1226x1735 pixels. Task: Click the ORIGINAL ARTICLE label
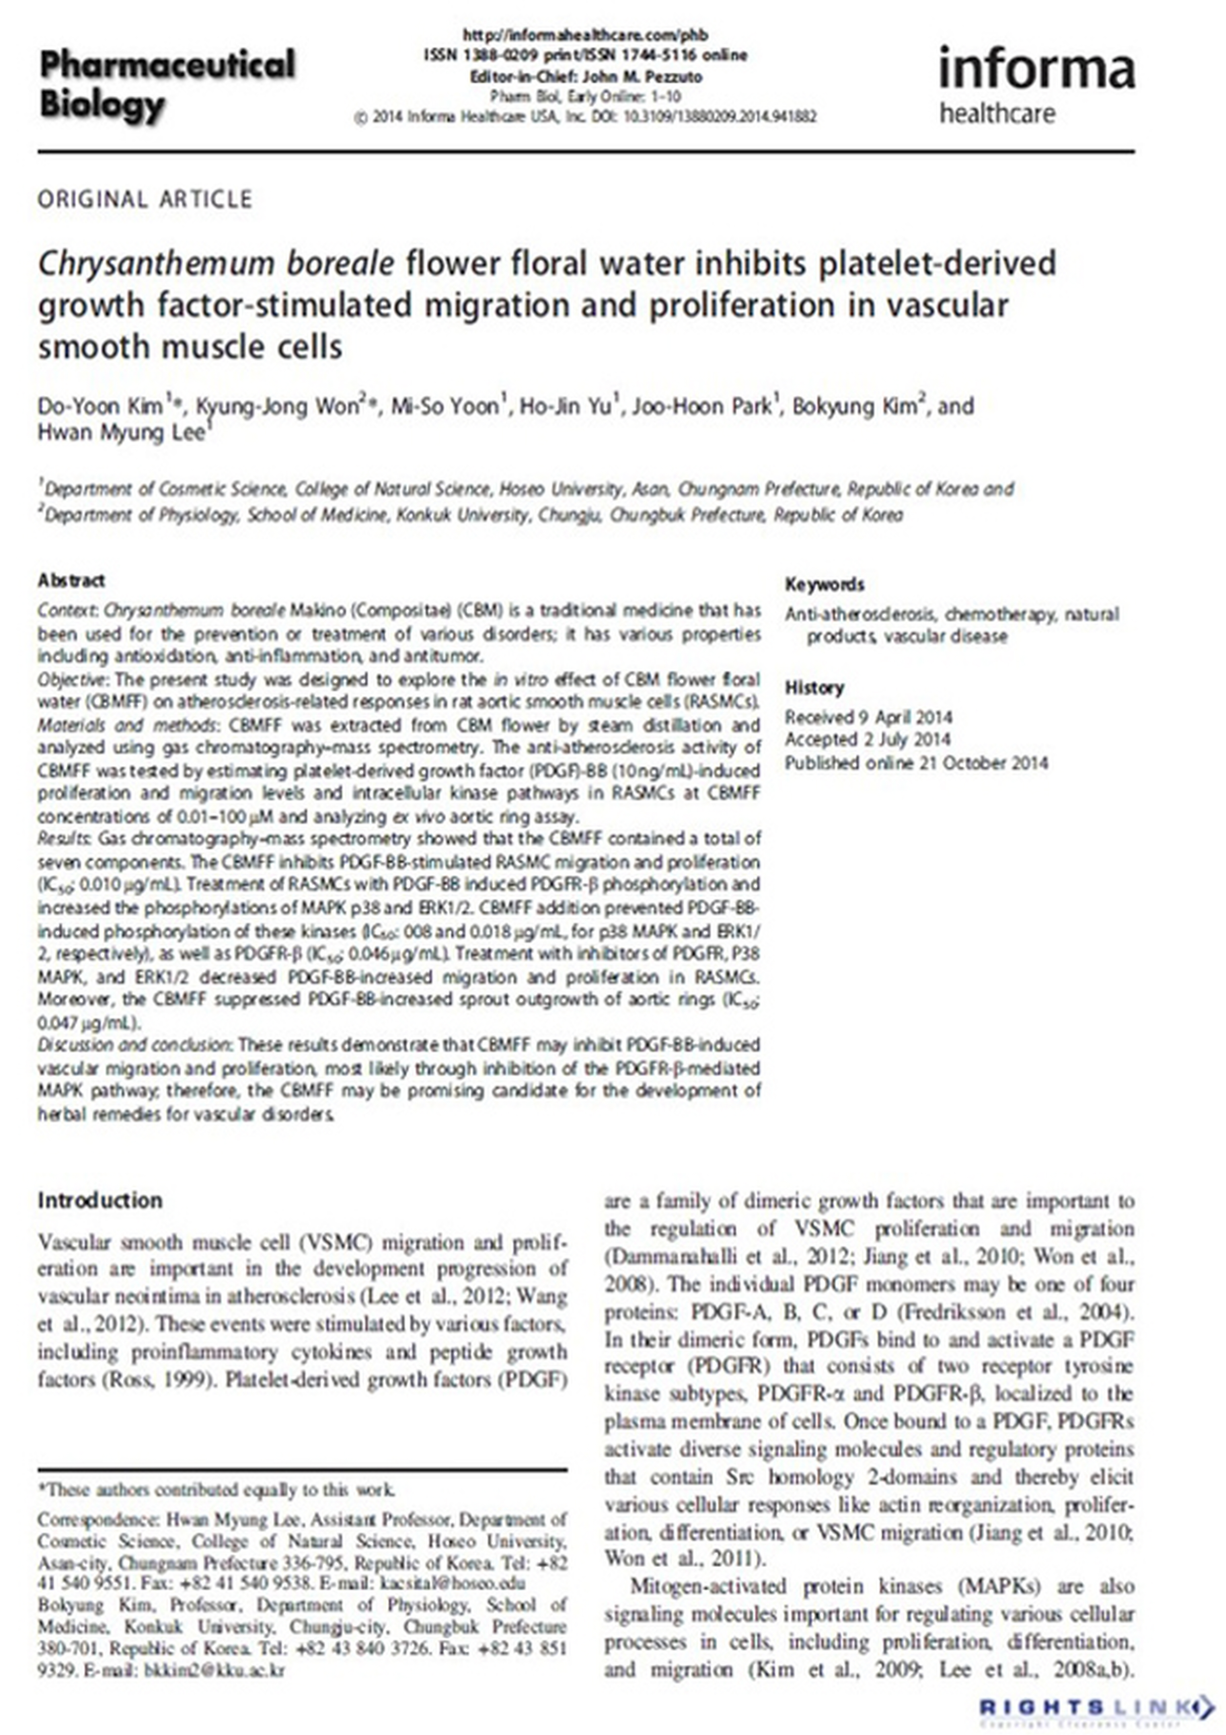(145, 200)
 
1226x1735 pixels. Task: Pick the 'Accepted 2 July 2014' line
(867, 739)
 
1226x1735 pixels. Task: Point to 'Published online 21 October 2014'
(916, 762)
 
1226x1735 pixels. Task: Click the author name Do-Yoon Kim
(101, 407)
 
